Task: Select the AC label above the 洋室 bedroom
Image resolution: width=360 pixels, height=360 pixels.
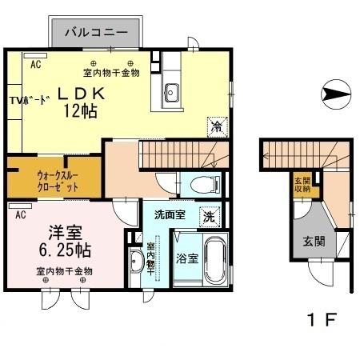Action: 20,214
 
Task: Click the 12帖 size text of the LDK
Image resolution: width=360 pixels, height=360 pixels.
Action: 80,112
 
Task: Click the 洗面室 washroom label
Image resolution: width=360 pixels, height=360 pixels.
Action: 170,214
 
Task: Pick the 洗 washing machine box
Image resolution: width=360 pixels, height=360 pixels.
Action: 207,214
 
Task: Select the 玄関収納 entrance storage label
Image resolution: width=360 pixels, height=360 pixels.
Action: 302,185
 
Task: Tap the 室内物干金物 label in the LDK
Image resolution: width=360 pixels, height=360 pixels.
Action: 112,73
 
